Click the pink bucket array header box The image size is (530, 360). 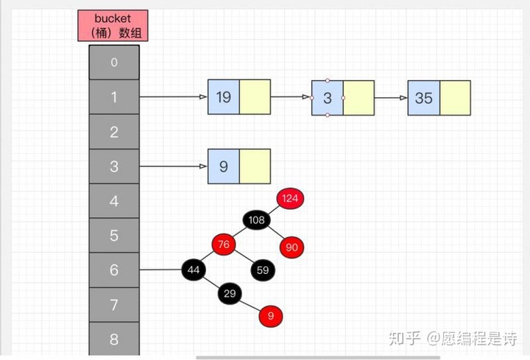click(113, 25)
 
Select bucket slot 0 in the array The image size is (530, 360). click(113, 63)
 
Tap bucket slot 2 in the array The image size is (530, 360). click(113, 133)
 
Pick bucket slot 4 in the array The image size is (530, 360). click(113, 201)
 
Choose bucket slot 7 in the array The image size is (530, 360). click(113, 305)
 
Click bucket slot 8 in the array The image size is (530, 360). click(113, 339)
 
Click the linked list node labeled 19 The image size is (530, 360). click(224, 97)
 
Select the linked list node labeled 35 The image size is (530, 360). click(423, 98)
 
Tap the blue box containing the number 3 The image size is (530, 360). click(327, 98)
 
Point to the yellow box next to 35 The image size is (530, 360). click(454, 98)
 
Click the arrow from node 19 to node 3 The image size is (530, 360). click(291, 97)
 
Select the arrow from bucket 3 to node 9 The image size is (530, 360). click(173, 166)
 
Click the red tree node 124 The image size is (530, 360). click(291, 198)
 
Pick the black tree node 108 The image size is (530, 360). click(256, 220)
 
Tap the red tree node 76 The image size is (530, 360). click(224, 244)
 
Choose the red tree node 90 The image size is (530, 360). click(291, 247)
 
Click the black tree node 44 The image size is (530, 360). click(194, 269)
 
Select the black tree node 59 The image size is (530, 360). click(263, 269)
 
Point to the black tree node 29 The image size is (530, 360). click(230, 294)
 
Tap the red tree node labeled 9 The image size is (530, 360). click(271, 317)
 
